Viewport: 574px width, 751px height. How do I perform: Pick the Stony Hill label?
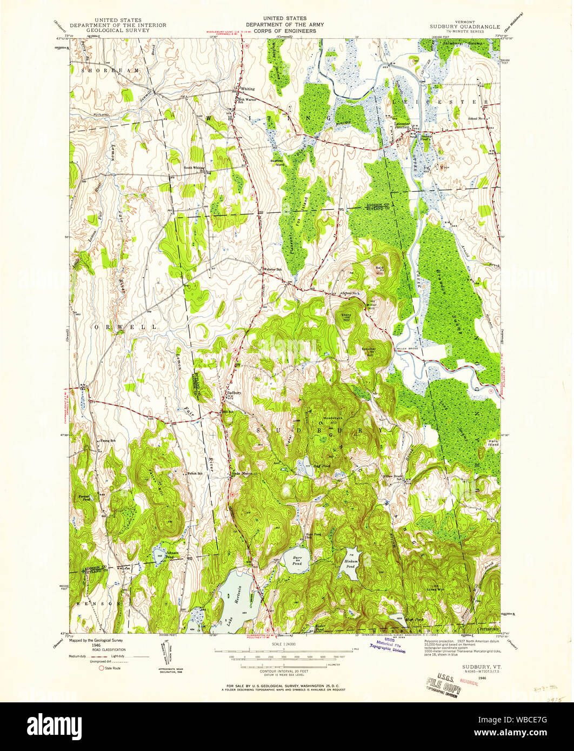pyautogui.click(x=346, y=317)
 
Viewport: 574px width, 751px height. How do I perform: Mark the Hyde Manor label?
pyautogui.click(x=242, y=473)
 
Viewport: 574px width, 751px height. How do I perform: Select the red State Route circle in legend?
pyautogui.click(x=101, y=668)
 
